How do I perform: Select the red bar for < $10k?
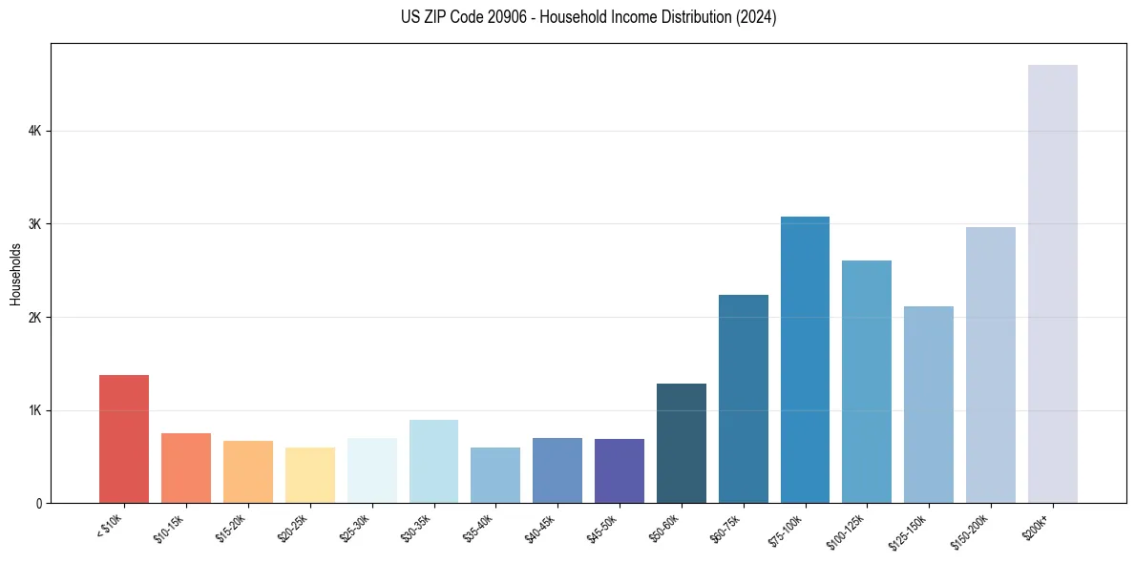[124, 439]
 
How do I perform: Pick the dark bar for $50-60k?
[682, 444]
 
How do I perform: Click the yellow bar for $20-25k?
[310, 475]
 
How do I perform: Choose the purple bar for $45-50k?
[620, 471]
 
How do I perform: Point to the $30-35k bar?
[433, 462]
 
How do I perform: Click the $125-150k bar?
[929, 405]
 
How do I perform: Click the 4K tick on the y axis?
[35, 131]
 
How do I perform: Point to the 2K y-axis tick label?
[35, 317]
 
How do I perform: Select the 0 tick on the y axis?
[39, 503]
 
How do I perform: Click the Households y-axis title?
[15, 274]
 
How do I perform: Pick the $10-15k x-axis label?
[170, 526]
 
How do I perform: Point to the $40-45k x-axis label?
[541, 526]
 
